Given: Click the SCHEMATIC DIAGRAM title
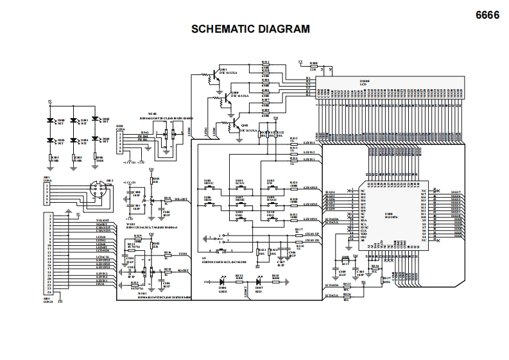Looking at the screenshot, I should point(251,29).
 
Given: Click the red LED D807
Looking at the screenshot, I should point(259,282).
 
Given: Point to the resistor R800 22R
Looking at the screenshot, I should point(314,66).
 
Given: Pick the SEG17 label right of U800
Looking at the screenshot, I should point(456,191).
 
